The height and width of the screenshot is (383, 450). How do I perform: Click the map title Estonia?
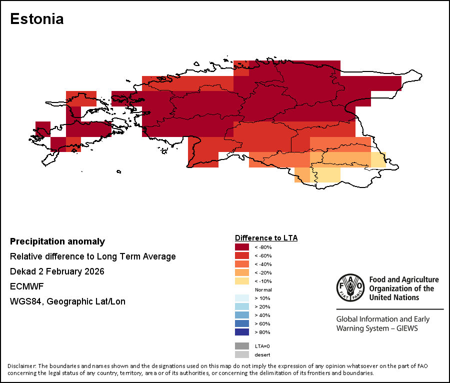pyautogui.click(x=37, y=19)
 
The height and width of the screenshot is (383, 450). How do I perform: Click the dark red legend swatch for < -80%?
pyautogui.click(x=242, y=247)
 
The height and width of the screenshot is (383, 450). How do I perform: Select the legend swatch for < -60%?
pyautogui.click(x=242, y=255)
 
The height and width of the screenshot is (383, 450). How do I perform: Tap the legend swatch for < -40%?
pyautogui.click(x=242, y=264)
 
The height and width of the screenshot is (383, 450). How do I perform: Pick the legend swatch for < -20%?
pyautogui.click(x=242, y=272)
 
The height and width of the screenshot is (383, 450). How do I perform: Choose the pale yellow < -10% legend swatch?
pyautogui.click(x=242, y=281)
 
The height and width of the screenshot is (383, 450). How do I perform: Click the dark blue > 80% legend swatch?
pyautogui.click(x=242, y=332)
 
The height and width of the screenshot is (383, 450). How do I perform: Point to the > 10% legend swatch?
pyautogui.click(x=242, y=298)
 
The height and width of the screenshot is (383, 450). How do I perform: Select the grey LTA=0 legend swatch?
pyautogui.click(x=242, y=346)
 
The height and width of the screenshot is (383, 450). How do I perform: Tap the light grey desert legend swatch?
pyautogui.click(x=242, y=354)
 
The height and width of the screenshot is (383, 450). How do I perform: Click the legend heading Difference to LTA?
pyautogui.click(x=266, y=238)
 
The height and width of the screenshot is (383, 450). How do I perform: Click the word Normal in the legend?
pyautogui.click(x=263, y=290)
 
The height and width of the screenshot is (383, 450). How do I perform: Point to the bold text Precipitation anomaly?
pyautogui.click(x=57, y=241)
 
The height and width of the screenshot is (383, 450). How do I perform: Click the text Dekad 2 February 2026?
pyautogui.click(x=57, y=271)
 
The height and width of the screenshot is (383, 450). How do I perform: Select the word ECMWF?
pyautogui.click(x=24, y=286)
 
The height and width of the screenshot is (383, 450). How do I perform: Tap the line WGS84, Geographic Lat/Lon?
pyautogui.click(x=67, y=301)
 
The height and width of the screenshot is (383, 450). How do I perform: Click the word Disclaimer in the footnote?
pyautogui.click(x=21, y=366)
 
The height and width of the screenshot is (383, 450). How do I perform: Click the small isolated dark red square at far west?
pyautogui.click(x=42, y=128)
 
